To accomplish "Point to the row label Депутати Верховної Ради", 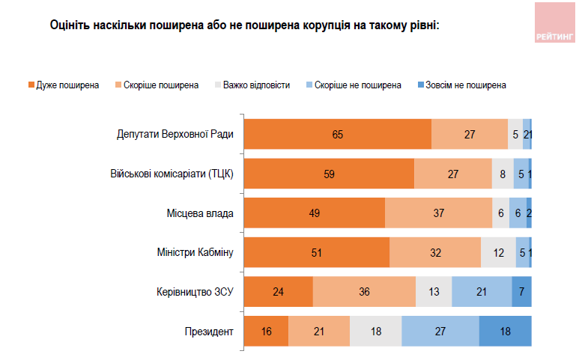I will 175,135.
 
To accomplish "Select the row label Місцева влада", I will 199,213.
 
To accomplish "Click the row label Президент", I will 210,331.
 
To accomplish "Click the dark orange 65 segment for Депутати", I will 338,135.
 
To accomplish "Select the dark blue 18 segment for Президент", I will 505,331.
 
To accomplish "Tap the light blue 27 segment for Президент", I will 440,331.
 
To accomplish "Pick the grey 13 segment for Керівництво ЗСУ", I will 434,292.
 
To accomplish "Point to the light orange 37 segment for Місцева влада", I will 438,213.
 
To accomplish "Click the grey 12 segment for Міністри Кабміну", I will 498,252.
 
